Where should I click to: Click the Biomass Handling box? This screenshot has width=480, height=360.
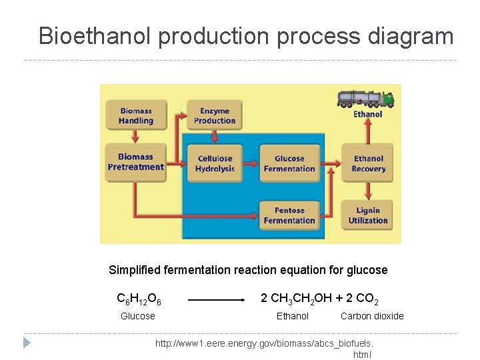pos(136,115)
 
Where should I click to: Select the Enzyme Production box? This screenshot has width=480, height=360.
pos(215,115)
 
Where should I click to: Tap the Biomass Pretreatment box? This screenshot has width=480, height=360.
pos(136,162)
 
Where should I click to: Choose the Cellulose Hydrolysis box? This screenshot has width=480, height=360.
pos(215,163)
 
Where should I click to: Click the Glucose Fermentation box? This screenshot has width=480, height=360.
pos(289,163)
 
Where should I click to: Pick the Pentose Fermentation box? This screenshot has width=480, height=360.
pos(289,215)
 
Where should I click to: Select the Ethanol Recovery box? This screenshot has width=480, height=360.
pos(368,163)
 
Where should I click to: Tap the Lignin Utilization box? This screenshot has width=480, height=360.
pos(368,215)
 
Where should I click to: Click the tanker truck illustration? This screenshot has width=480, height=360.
pos(365,99)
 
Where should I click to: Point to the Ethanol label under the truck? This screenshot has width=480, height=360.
pos(368,114)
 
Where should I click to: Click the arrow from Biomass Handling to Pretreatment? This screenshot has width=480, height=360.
pos(136,137)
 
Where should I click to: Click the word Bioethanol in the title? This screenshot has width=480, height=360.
pos(95,36)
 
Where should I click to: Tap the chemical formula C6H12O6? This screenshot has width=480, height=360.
pos(139,298)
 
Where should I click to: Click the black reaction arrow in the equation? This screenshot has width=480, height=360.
pos(217,300)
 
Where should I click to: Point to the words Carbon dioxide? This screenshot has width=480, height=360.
pos(372,316)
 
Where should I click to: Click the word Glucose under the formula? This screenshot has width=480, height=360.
pos(138,316)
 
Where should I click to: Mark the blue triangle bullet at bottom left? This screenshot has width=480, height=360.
pos(27,343)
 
